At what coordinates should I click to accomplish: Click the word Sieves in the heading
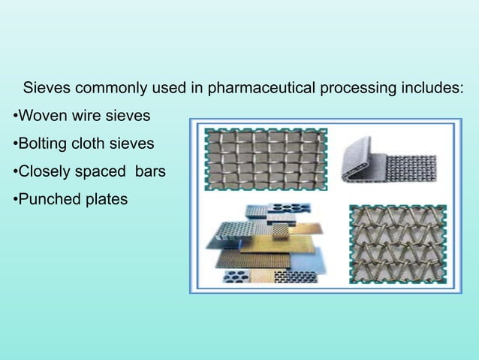pos(47,88)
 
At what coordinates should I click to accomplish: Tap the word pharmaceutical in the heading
pos(261,88)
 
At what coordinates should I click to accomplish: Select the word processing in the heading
pos(357,88)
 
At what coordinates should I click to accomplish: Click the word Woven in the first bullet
pos(41,116)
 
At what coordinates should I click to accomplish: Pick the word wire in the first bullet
pos(82,116)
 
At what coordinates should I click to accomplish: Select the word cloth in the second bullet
pos(91,144)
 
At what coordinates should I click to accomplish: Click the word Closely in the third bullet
pos(44,171)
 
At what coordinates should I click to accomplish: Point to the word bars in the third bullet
pos(149,171)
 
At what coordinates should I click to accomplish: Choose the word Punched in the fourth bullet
pos(47,199)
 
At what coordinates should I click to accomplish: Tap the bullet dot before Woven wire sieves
pos(14,117)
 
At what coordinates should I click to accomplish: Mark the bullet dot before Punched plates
pos(14,200)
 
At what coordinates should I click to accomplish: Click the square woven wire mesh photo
pos(266,159)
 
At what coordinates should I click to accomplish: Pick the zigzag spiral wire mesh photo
pos(397,244)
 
